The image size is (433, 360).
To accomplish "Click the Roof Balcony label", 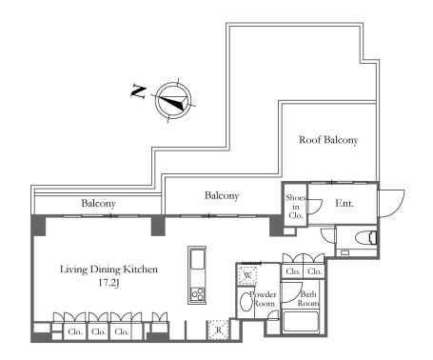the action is point(328,140).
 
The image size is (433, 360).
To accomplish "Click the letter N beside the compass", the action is point(139,91).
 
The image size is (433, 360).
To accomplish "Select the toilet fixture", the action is point(366,238).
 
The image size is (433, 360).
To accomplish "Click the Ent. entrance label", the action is point(344,203).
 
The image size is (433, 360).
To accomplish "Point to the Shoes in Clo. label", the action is point(296,207).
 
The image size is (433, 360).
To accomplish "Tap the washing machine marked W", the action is point(247,275).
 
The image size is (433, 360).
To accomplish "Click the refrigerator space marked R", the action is point(218,330).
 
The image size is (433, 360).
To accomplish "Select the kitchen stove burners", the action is point(197,294).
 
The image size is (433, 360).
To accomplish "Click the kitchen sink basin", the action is point(197,260).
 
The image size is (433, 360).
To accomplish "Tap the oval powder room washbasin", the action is point(245,302).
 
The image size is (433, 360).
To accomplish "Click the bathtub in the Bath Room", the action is point(300,322).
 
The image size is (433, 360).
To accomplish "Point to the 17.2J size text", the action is point(108,283).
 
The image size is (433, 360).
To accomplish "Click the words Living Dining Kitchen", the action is point(108,270).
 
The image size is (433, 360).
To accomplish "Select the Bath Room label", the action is point(308,299).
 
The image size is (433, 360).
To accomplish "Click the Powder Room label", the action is point(263,299).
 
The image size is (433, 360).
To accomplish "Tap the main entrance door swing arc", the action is point(400,208).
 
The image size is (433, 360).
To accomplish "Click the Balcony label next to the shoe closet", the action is point(222,196).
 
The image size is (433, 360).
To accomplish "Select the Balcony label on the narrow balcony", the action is point(98,204).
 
